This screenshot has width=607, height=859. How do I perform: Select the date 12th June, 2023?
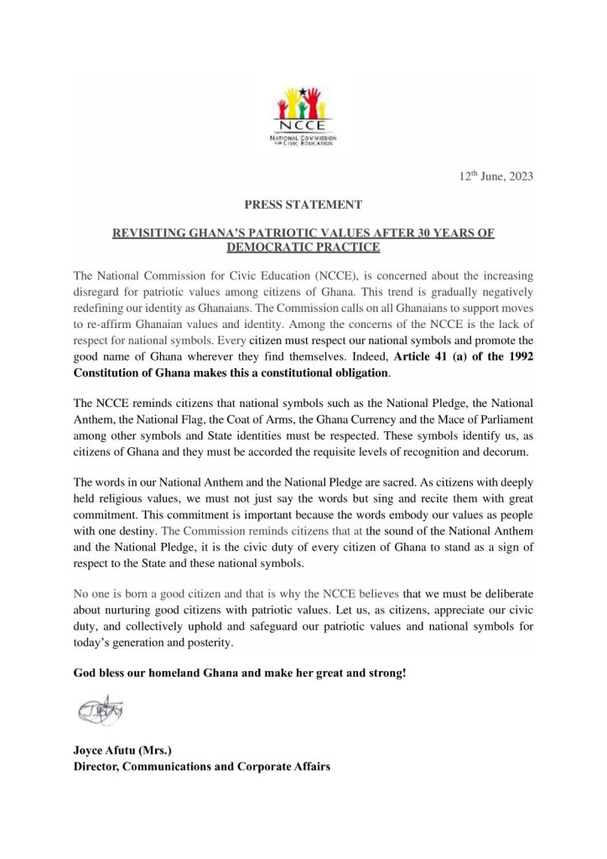pyautogui.click(x=491, y=176)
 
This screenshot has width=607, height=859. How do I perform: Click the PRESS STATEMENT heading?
pyautogui.click(x=303, y=204)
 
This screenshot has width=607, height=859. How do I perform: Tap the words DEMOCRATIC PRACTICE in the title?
pyautogui.click(x=303, y=247)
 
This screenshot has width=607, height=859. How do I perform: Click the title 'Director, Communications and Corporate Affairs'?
pyautogui.click(x=201, y=766)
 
